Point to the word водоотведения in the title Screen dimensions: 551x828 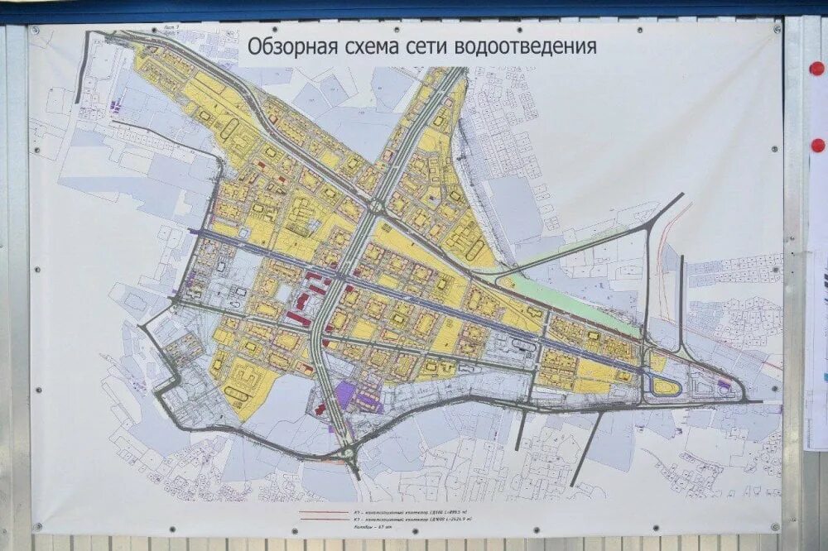point(529,46)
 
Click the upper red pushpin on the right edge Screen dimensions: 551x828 point(817,69)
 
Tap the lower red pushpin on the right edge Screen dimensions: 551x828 point(817,146)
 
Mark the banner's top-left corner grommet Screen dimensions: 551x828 point(36,31)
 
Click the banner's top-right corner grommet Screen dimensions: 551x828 point(776,29)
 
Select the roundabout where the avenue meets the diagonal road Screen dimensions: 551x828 point(376,208)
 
